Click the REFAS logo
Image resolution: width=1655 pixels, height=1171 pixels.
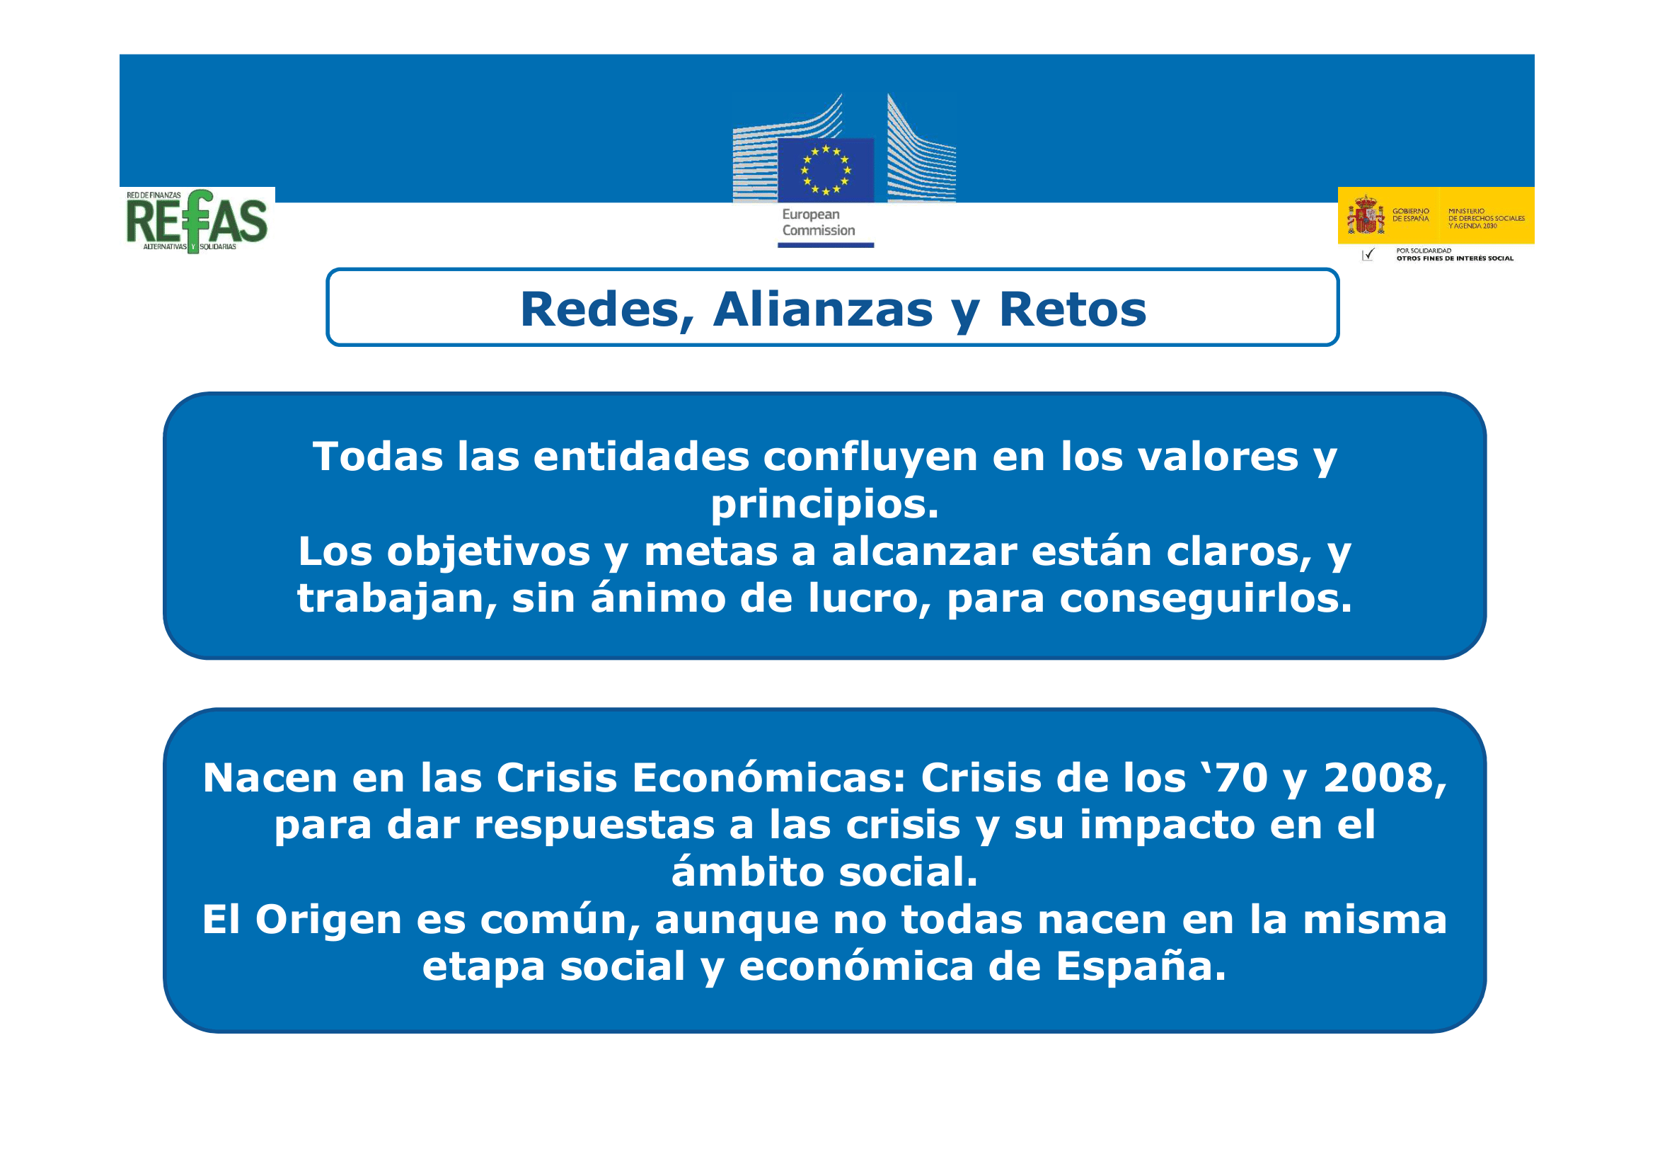197,221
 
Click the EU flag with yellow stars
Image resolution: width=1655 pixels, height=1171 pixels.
825,170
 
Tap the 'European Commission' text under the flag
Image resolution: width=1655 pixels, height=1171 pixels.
818,222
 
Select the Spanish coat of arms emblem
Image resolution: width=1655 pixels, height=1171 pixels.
1366,215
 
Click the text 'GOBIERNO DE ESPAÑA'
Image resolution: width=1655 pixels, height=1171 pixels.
1411,215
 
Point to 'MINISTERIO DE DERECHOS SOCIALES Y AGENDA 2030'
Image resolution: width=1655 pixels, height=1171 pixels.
1487,219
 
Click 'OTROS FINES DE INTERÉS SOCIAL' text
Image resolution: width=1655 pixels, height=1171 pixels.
1455,258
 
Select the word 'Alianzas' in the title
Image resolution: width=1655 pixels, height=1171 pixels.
822,310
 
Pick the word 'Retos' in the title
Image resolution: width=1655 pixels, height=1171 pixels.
1072,310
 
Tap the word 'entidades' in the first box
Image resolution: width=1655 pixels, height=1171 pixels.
642,457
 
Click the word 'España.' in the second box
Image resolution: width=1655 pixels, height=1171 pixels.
1141,966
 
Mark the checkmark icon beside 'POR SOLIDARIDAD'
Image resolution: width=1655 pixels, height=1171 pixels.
1368,255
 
